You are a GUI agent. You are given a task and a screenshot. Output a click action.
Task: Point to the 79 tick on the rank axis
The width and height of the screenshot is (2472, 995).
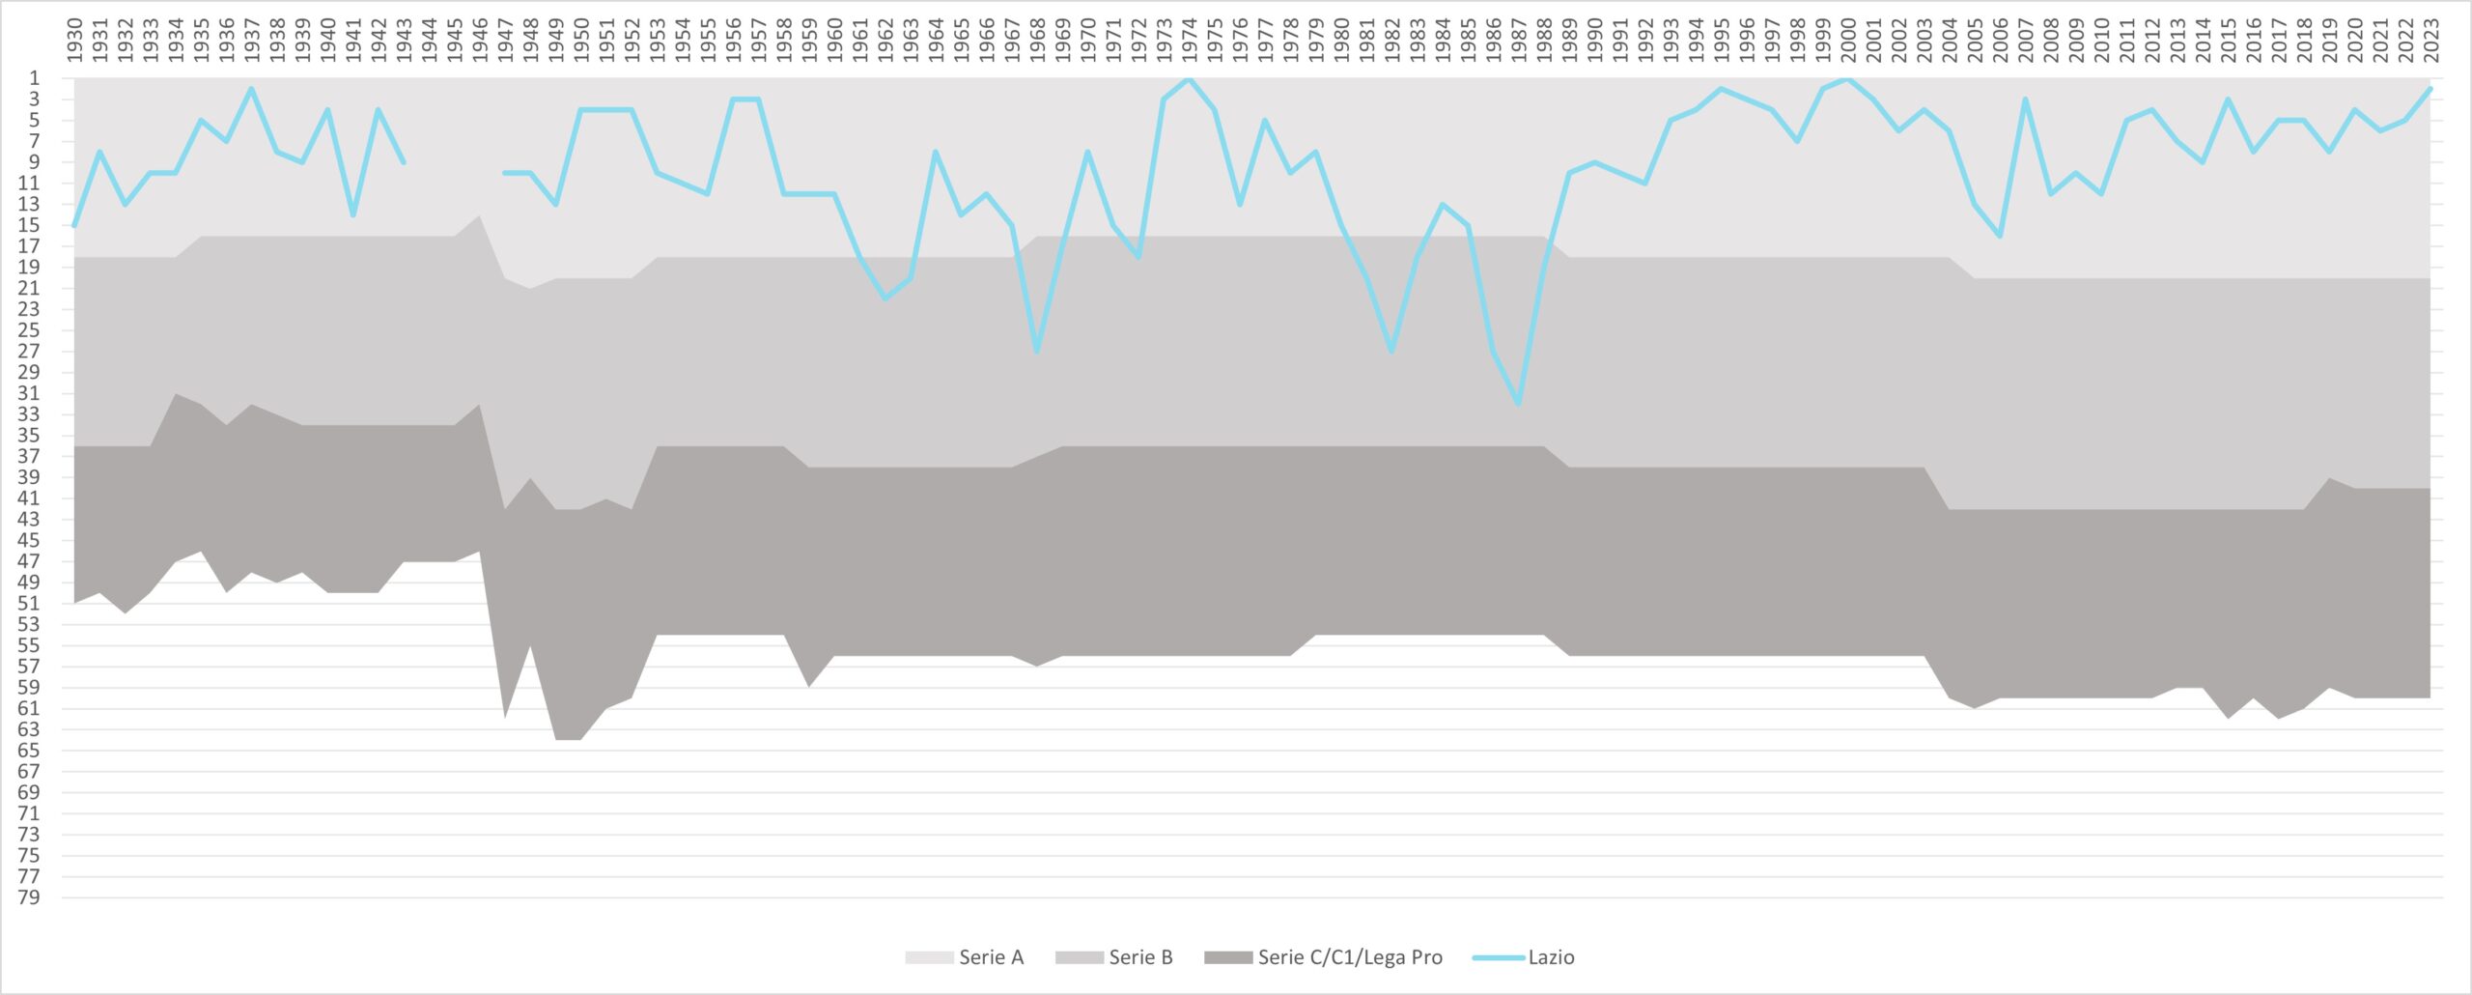29,897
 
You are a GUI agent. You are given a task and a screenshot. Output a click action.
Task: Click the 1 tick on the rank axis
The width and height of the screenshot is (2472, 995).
35,78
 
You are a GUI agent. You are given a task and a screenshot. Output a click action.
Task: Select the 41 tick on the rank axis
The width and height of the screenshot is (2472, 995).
29,498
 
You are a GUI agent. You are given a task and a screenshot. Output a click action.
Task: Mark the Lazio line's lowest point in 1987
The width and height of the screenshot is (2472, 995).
1518,404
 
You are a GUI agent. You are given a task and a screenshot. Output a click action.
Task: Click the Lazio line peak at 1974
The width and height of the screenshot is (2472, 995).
1189,78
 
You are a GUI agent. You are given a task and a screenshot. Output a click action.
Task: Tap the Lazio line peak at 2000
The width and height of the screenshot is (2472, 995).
1847,78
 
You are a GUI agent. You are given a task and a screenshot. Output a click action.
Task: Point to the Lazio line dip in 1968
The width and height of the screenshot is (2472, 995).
1037,351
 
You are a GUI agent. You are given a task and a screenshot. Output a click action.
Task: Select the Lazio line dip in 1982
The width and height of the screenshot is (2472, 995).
1391,351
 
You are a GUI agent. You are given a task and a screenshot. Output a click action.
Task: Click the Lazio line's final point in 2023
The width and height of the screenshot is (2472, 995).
2430,89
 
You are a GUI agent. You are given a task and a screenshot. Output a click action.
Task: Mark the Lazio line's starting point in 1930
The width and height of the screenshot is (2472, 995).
74,225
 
